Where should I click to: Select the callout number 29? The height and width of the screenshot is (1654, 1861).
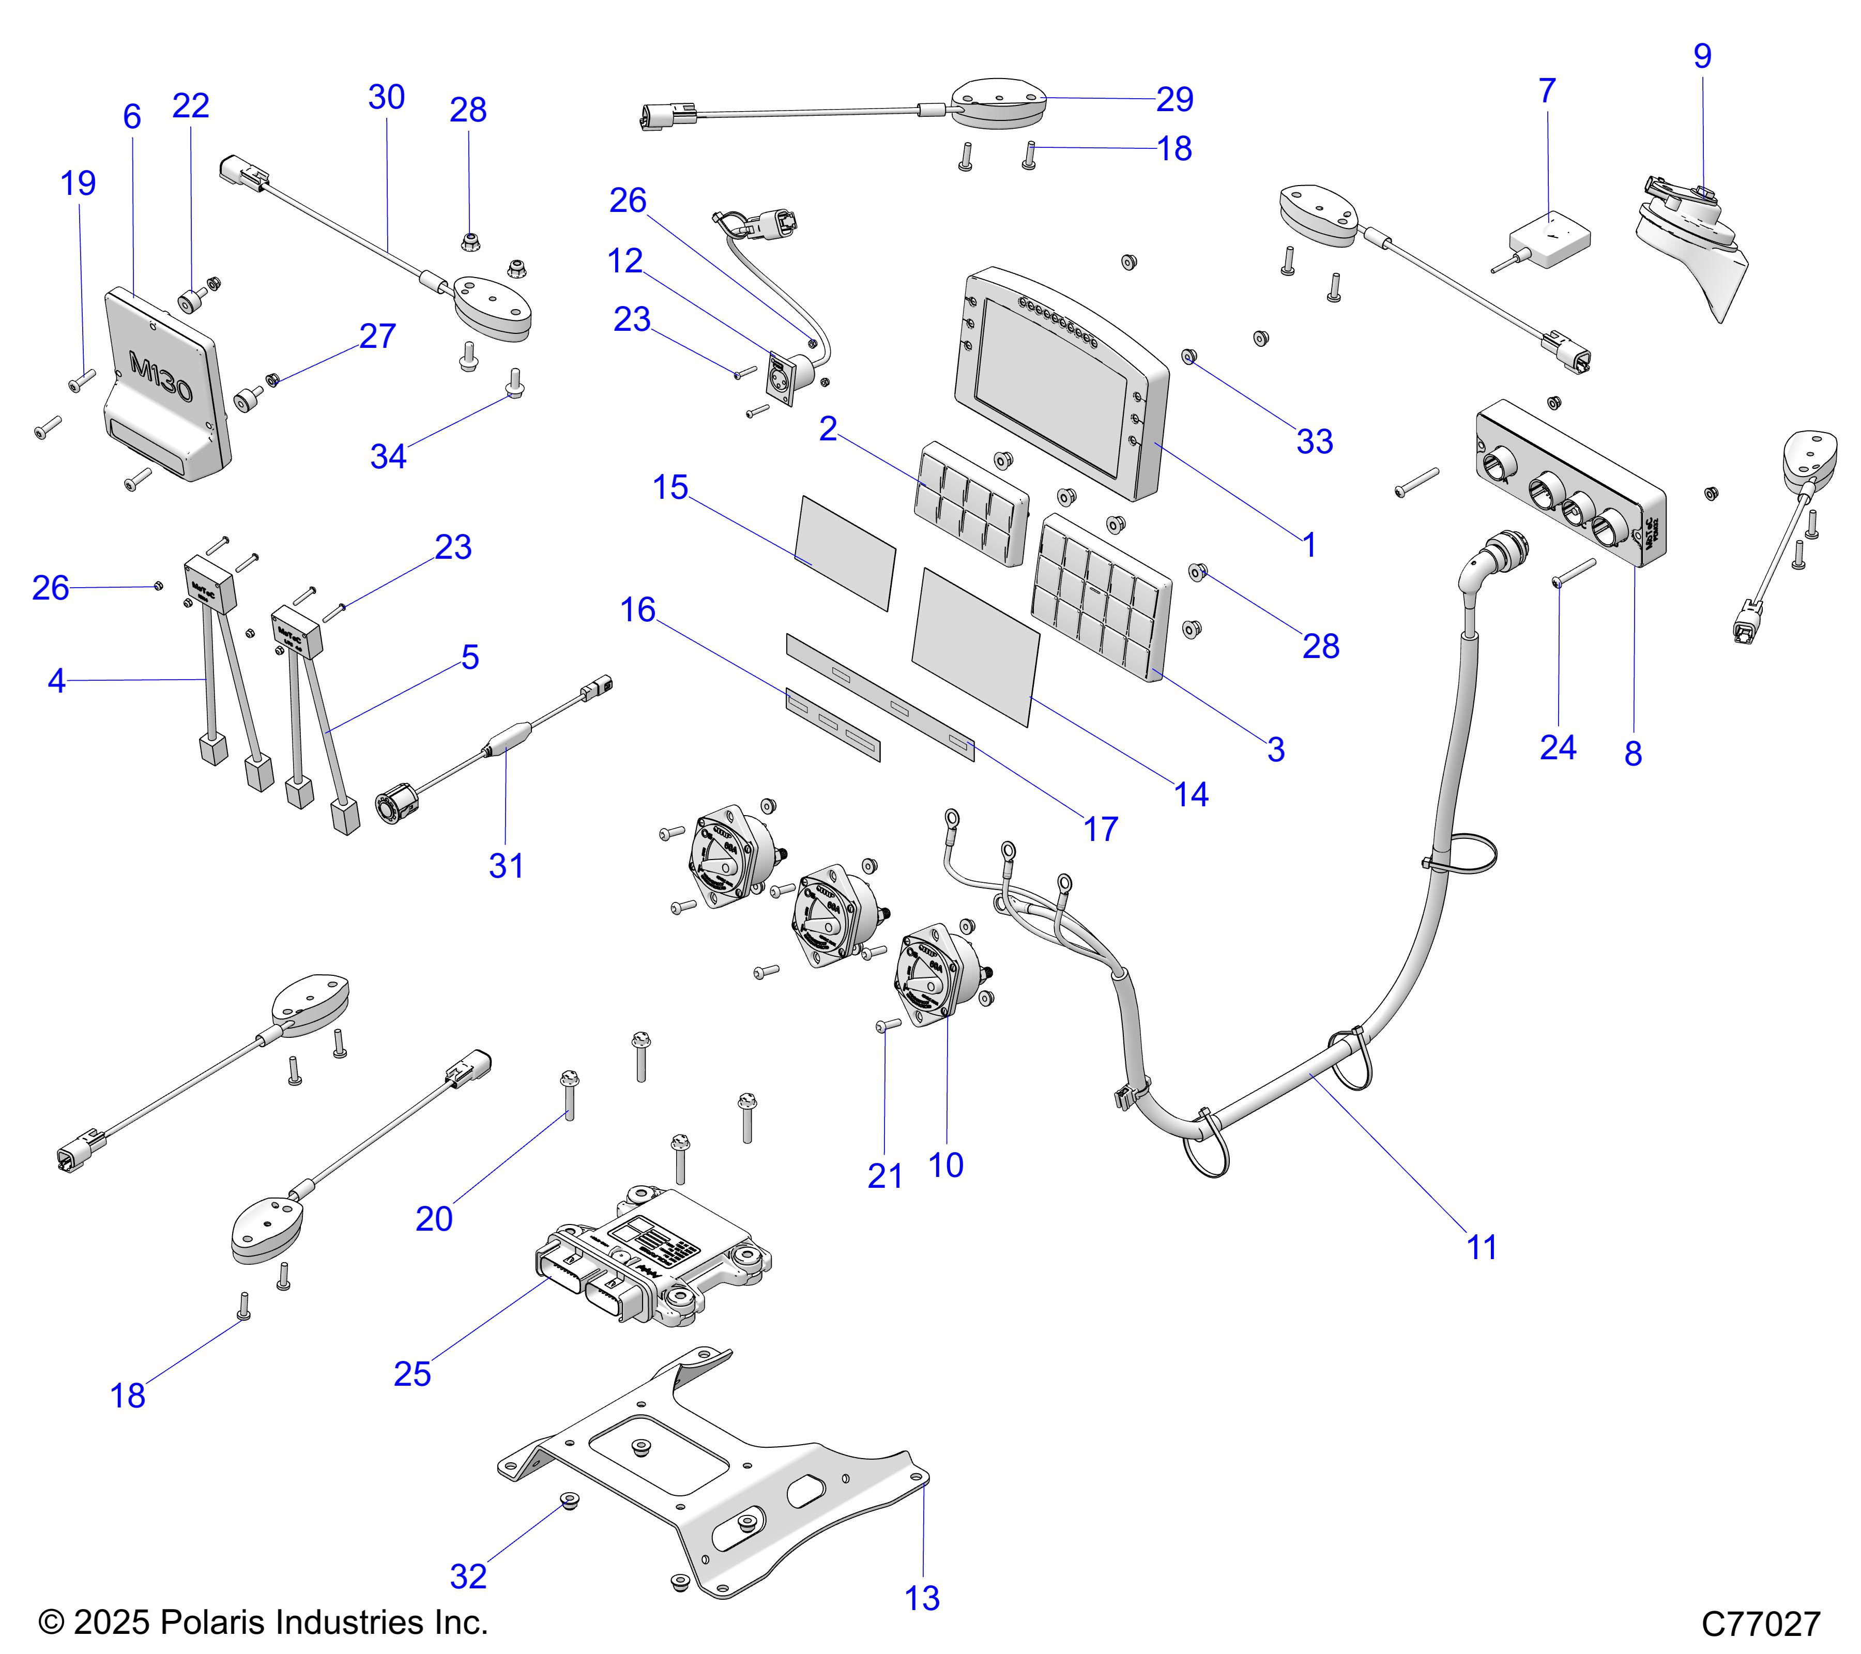(1174, 99)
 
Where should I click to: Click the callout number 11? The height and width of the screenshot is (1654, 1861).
(1482, 1247)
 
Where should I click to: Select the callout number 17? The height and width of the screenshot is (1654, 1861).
(1100, 829)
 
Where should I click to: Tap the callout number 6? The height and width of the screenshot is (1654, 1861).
(132, 116)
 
